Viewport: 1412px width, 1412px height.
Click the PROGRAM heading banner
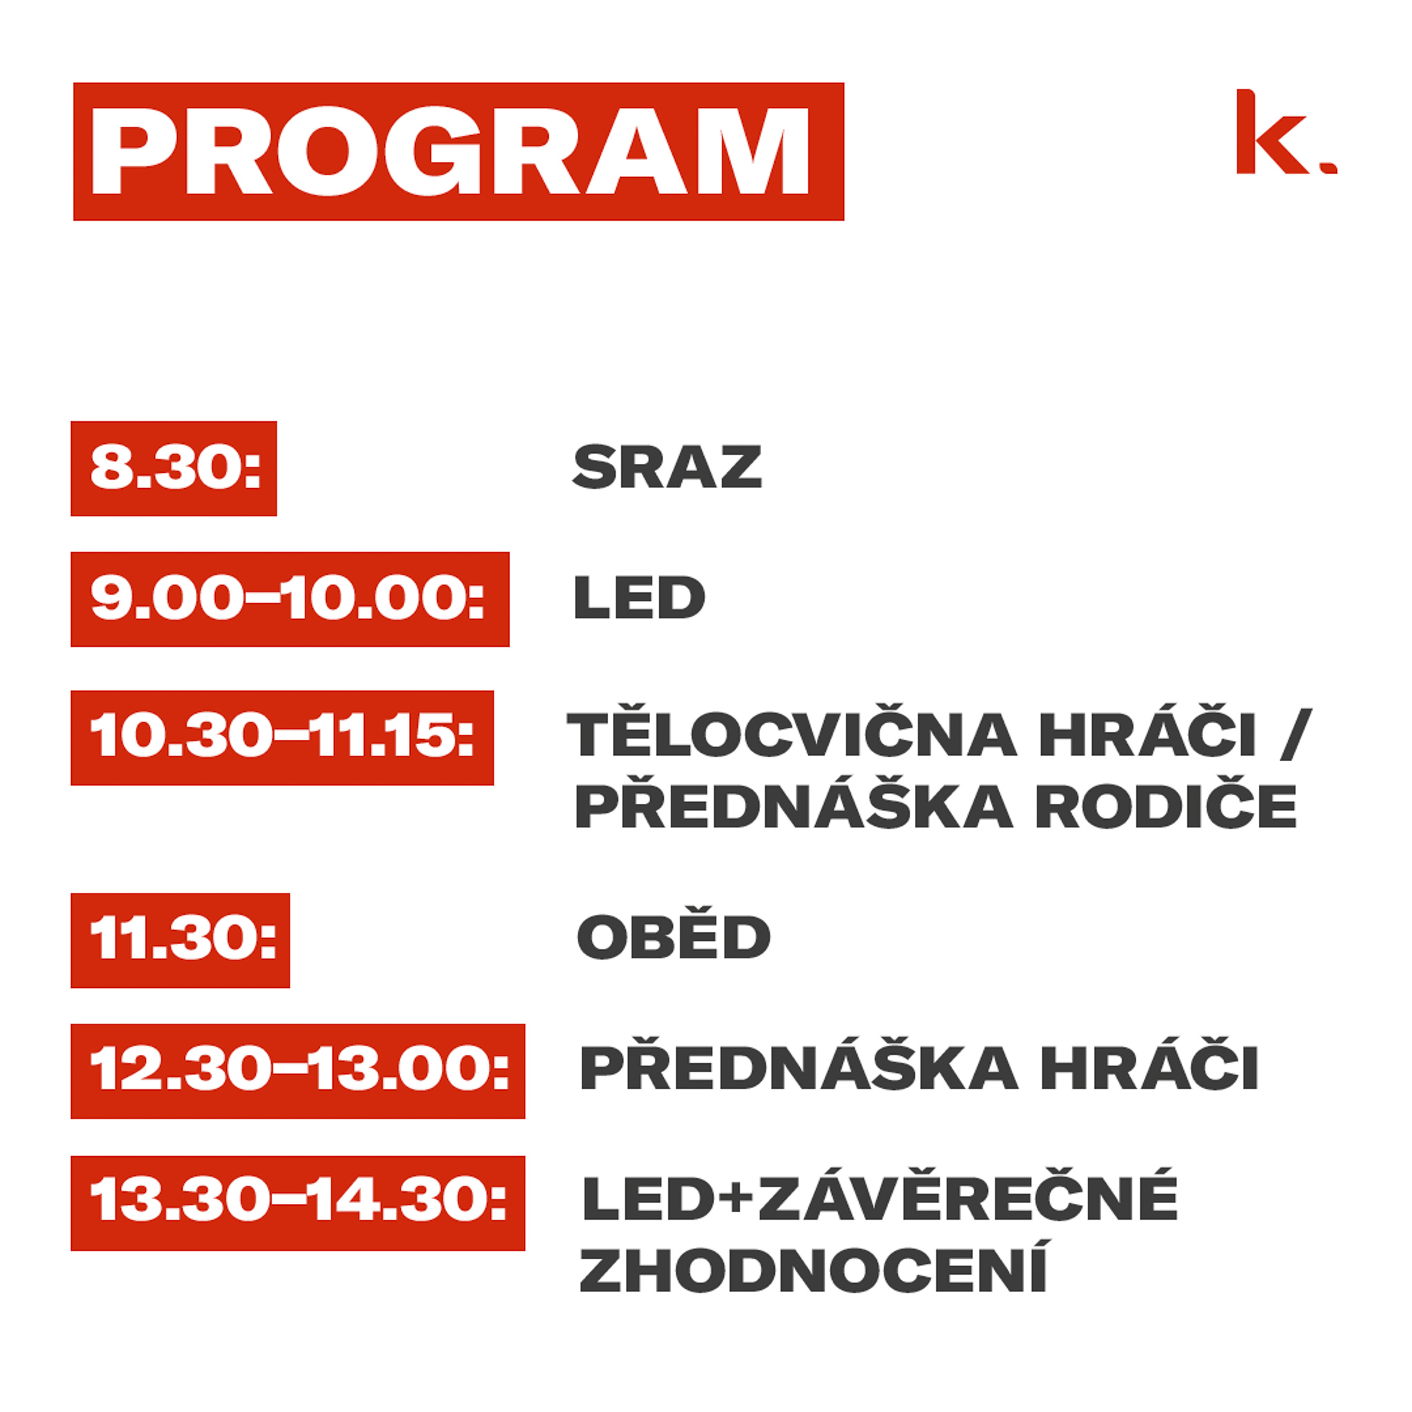click(458, 151)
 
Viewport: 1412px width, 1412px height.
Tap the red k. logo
click(1287, 132)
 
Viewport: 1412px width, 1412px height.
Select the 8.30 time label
click(174, 468)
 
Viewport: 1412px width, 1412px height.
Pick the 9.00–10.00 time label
click(290, 599)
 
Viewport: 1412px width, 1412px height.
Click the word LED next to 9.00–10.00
click(640, 597)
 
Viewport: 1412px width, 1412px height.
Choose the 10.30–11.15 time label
click(282, 738)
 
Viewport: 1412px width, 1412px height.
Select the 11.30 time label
click(181, 940)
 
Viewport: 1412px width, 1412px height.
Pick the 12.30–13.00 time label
click(298, 1071)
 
